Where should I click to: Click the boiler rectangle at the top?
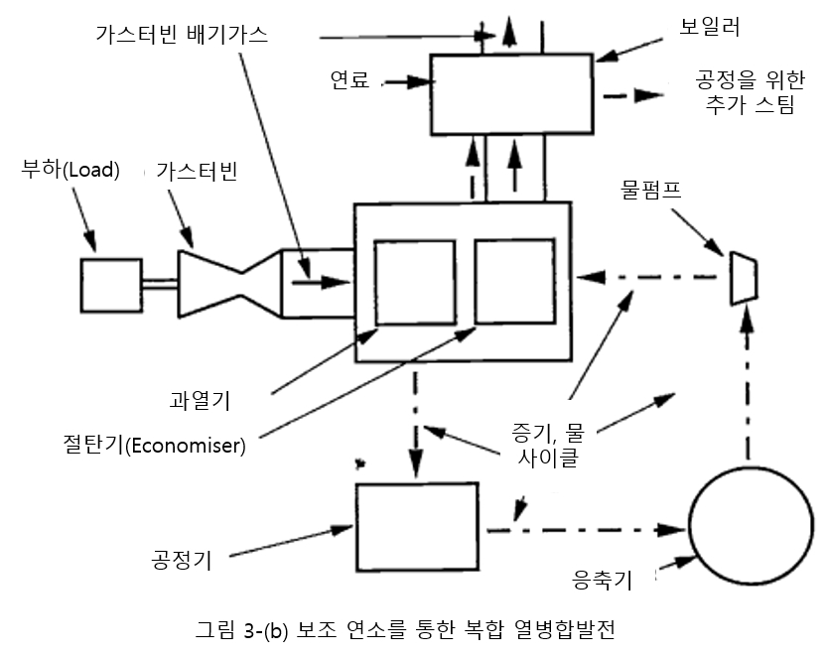(512, 94)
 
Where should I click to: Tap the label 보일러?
(712, 27)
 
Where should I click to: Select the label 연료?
(350, 79)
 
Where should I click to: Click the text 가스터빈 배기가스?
(183, 33)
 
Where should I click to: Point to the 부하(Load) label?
(70, 170)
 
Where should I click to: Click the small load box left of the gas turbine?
(109, 285)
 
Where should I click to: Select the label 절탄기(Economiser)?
(152, 444)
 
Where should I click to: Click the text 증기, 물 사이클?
(544, 444)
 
